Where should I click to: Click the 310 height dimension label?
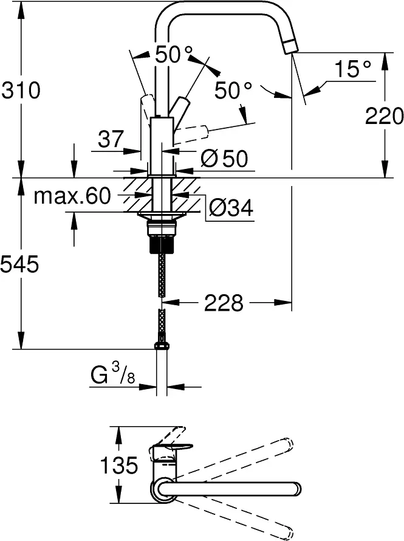(21, 91)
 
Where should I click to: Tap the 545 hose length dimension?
(19, 264)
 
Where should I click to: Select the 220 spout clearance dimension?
(384, 115)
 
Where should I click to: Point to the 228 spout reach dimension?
(224, 303)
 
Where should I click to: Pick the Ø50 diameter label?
(224, 159)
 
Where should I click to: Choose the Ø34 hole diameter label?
(231, 208)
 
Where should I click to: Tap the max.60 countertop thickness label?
(72, 196)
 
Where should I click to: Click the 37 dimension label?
(111, 139)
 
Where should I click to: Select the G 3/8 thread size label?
(113, 374)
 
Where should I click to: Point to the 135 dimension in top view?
(119, 465)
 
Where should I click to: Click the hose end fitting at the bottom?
(162, 346)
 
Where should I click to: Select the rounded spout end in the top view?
(295, 489)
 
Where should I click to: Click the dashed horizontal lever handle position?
(191, 135)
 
